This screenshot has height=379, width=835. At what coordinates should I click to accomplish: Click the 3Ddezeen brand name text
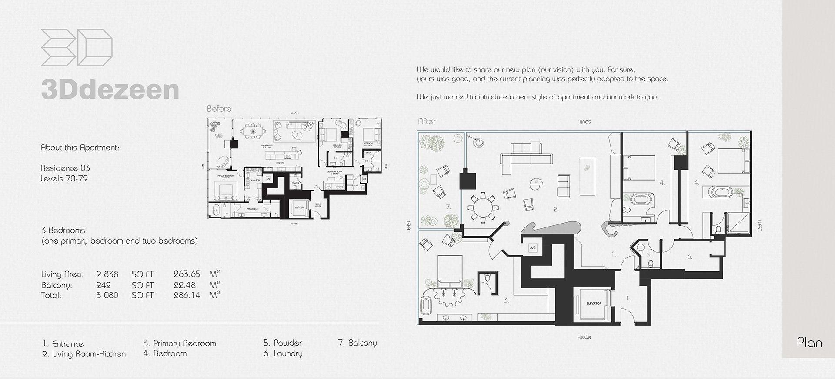click(110, 90)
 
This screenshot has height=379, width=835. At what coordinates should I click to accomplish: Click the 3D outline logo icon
click(77, 48)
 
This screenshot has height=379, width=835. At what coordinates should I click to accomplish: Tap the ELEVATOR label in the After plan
click(593, 303)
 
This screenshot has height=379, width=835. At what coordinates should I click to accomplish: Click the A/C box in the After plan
click(532, 248)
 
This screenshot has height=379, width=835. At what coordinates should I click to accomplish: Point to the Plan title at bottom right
click(809, 343)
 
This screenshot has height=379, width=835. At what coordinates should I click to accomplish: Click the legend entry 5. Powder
click(282, 343)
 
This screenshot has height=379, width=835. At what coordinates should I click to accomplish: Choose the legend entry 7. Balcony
click(357, 343)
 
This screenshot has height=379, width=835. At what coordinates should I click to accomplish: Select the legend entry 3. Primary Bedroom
click(180, 343)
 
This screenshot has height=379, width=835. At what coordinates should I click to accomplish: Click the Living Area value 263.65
click(187, 274)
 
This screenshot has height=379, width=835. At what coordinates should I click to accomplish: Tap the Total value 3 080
click(107, 295)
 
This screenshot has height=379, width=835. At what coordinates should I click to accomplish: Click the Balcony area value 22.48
click(184, 285)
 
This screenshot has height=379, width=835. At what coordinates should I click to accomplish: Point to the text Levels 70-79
click(64, 178)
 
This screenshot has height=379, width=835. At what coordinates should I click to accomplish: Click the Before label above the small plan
click(219, 109)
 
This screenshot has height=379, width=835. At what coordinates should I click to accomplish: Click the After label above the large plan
click(427, 122)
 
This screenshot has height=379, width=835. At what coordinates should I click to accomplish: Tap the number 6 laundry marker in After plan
click(690, 257)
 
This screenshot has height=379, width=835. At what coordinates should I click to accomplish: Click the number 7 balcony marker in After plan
click(448, 207)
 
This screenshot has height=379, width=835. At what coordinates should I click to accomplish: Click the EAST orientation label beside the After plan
click(409, 227)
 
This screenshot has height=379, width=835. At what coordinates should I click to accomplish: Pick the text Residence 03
click(65, 168)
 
